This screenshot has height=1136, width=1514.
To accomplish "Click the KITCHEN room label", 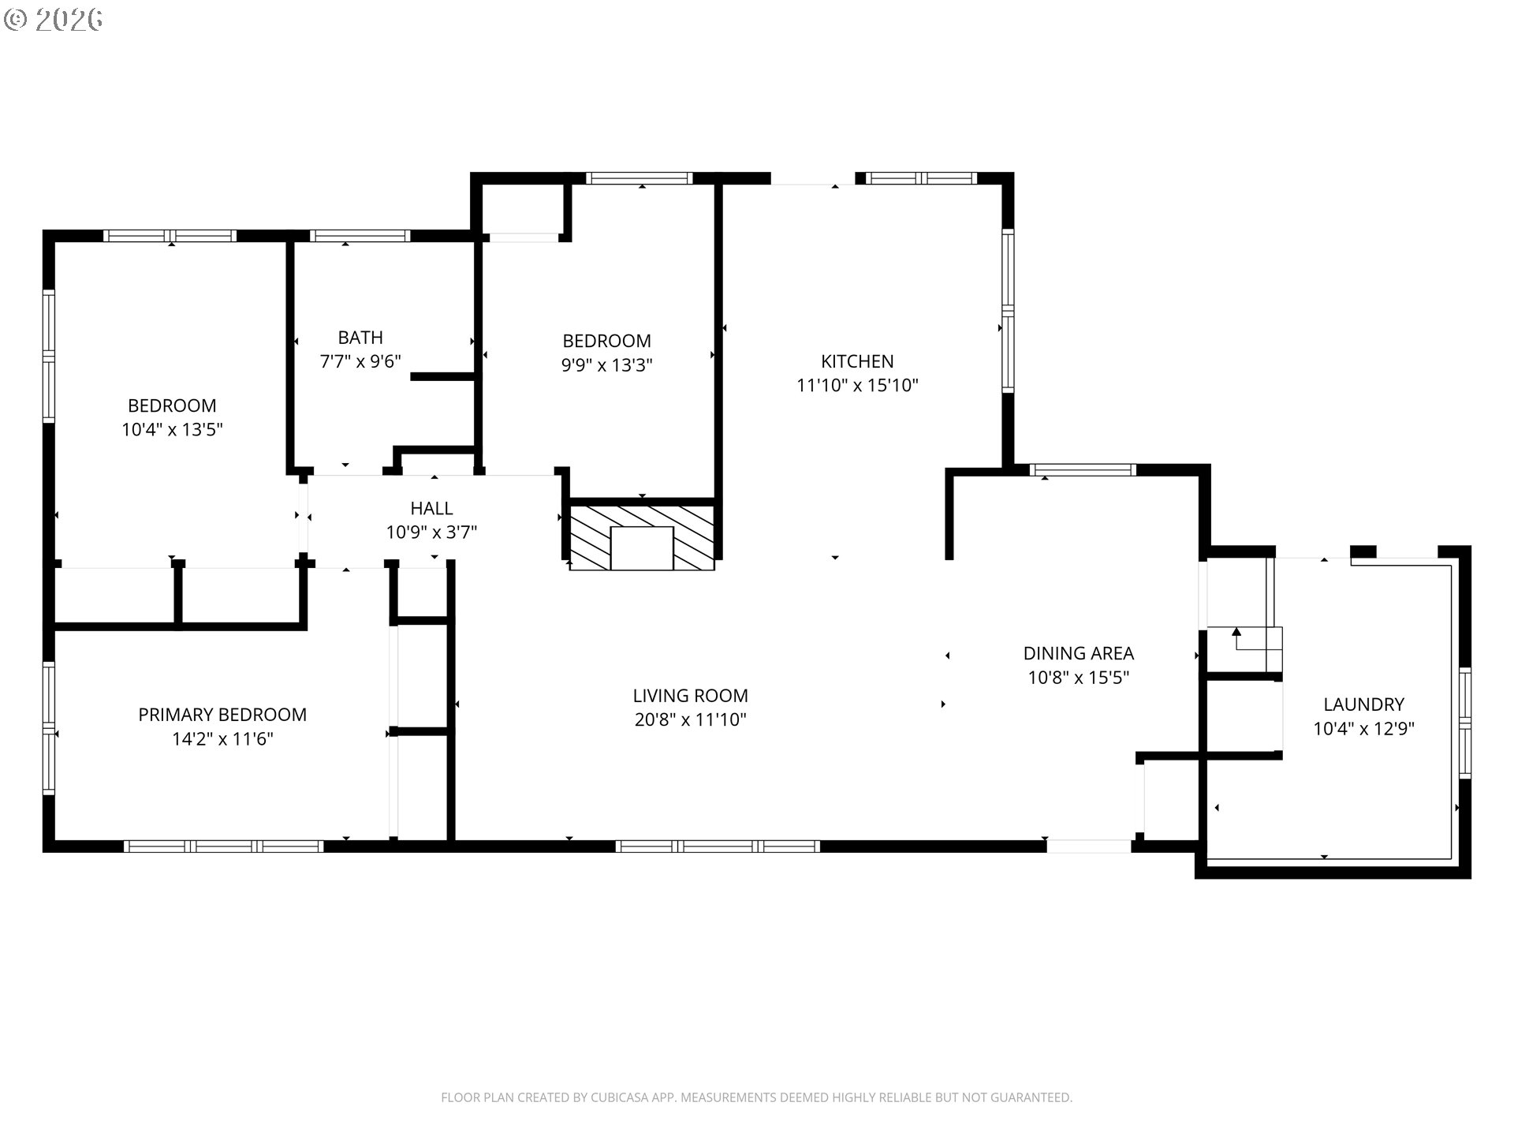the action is pyautogui.click(x=857, y=361).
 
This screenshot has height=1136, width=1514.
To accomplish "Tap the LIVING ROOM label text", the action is pyautogui.click(x=690, y=696).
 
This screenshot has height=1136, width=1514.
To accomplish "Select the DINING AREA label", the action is pyautogui.click(x=1078, y=653).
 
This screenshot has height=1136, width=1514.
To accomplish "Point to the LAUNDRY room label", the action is pyautogui.click(x=1363, y=704).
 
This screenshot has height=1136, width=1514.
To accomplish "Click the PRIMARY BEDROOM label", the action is pyautogui.click(x=222, y=715).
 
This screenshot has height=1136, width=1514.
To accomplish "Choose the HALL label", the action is pyautogui.click(x=431, y=508).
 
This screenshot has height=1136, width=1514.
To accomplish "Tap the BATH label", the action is pyautogui.click(x=360, y=338).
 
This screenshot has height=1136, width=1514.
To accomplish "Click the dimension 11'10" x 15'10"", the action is pyautogui.click(x=857, y=386).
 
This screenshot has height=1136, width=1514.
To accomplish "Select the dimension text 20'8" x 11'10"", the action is pyautogui.click(x=690, y=720).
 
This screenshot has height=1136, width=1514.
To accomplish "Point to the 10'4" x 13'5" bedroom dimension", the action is pyautogui.click(x=172, y=430).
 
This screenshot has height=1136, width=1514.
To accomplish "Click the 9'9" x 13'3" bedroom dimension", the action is pyautogui.click(x=606, y=365).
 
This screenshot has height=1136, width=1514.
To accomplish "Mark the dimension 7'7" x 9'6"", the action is pyautogui.click(x=360, y=362).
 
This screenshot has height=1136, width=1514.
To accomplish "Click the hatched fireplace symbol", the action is pyautogui.click(x=642, y=537).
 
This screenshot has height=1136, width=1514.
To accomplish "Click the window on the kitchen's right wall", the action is pyautogui.click(x=1008, y=311).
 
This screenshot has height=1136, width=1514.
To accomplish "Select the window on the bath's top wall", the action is pyautogui.click(x=360, y=236).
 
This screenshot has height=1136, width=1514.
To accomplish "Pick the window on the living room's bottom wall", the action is pyautogui.click(x=718, y=846).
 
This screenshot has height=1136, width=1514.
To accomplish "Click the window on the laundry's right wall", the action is pyautogui.click(x=1465, y=723).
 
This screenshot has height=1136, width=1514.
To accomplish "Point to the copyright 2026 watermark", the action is pyautogui.click(x=54, y=20).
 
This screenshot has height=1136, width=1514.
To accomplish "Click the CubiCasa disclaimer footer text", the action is pyautogui.click(x=756, y=1097).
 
